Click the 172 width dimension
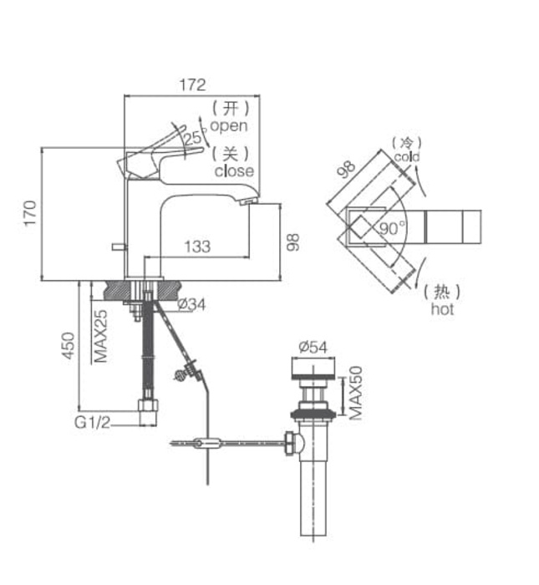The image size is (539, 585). [192, 84]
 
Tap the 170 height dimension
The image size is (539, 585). [30, 212]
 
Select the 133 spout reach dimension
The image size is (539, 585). [197, 247]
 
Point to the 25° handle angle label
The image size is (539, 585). [195, 138]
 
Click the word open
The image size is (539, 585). [229, 125]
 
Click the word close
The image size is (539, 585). [234, 170]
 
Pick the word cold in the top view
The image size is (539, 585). [407, 157]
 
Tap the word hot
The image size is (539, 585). [442, 309]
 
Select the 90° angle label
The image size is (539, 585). [393, 228]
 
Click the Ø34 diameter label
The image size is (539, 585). [191, 304]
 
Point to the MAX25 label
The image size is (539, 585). [101, 336]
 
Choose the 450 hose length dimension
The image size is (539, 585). [69, 345]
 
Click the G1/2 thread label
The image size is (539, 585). [93, 422]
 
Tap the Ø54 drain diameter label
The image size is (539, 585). [313, 347]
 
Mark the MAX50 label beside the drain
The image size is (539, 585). [355, 393]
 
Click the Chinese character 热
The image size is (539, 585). [442, 292]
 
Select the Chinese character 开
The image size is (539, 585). [230, 108]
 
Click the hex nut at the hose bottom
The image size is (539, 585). [148, 405]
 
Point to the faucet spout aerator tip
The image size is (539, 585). [248, 201]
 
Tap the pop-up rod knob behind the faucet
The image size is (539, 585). [119, 247]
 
